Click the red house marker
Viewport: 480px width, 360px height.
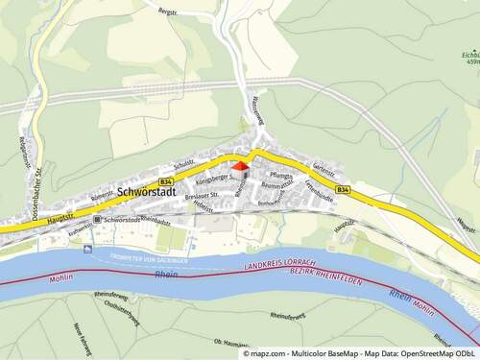tap(240, 167)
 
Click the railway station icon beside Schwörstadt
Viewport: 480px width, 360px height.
tap(97, 220)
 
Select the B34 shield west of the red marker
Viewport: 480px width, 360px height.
tap(168, 180)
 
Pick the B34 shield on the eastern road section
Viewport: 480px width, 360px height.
tap(345, 190)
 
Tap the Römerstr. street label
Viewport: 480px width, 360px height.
tap(103, 195)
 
